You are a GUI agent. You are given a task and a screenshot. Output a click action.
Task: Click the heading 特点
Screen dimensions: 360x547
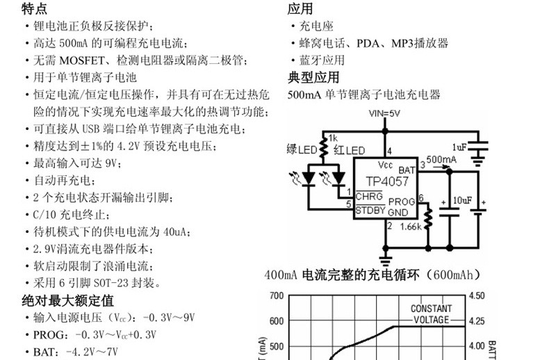tap(35, 8)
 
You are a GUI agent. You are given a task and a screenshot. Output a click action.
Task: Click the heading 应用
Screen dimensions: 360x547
tap(300, 8)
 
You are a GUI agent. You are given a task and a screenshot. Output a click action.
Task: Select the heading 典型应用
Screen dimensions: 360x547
tap(313, 77)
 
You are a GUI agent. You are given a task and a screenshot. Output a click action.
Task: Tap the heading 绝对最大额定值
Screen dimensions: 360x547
tap(67, 301)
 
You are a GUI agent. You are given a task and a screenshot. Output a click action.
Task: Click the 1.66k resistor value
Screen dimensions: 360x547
tap(411, 227)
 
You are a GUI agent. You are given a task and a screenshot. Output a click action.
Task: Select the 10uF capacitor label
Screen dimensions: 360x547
tap(462, 202)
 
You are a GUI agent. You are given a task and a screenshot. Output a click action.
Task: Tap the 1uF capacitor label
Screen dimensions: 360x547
tap(459, 147)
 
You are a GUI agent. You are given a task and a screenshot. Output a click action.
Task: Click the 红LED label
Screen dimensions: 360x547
tap(349, 151)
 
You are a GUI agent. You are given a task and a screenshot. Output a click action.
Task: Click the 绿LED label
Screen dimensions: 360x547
tap(301, 151)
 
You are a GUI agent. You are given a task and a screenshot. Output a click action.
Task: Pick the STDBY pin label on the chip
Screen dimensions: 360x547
tap(370, 210)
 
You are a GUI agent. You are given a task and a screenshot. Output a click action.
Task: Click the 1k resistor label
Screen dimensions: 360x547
tap(332, 138)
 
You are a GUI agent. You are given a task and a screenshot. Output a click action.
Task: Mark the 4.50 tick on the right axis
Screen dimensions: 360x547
tap(477, 295)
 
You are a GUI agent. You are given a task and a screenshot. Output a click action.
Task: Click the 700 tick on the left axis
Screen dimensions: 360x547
tap(276, 295)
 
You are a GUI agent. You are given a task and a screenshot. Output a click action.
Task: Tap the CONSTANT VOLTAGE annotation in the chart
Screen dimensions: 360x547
tap(431, 314)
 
